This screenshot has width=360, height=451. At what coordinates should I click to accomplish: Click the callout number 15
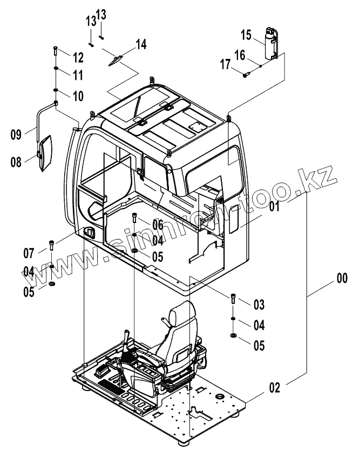[246, 36]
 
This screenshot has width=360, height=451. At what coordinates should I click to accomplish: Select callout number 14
[140, 44]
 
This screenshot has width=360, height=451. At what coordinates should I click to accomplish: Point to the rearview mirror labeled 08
[45, 153]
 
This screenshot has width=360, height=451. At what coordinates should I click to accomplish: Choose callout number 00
[342, 279]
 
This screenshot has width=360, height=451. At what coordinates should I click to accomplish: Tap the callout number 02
[274, 387]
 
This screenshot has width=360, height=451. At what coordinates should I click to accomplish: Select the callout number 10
[77, 97]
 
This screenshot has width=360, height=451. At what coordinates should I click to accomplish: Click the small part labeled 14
[116, 60]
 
